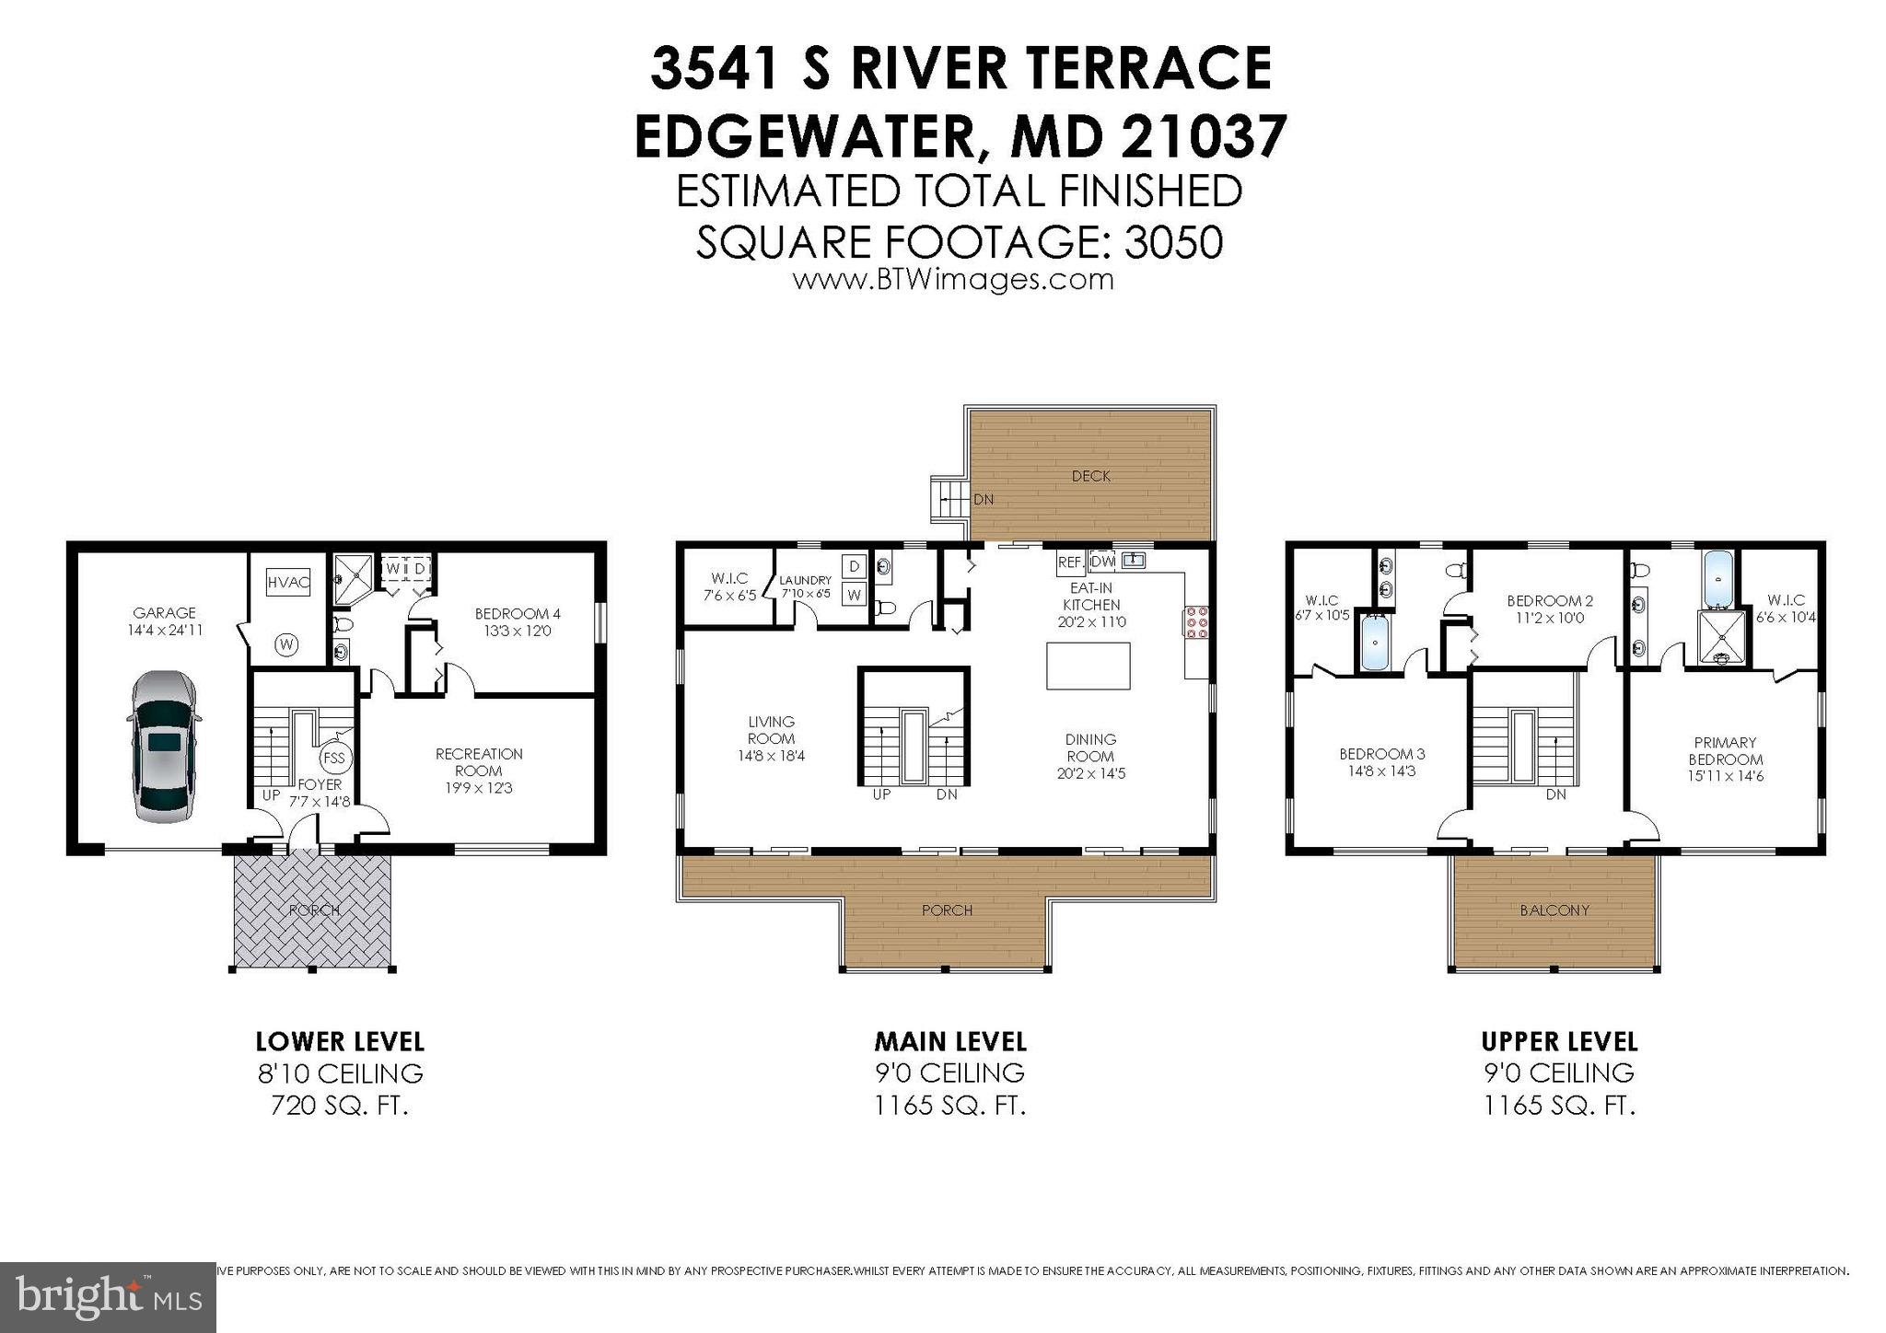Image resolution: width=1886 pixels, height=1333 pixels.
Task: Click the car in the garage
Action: pyautogui.click(x=165, y=746)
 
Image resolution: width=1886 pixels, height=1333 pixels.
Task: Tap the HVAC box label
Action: pyautogui.click(x=287, y=582)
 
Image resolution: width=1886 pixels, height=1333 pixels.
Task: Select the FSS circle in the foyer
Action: pyautogui.click(x=333, y=759)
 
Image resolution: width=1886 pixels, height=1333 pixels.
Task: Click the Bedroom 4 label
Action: pyautogui.click(x=518, y=614)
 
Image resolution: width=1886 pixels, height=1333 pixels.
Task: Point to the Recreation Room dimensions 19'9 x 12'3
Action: pyautogui.click(x=479, y=788)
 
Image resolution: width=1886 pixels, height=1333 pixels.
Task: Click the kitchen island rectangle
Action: pyautogui.click(x=1089, y=666)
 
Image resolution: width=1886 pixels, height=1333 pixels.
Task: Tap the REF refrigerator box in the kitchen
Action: pyautogui.click(x=1069, y=562)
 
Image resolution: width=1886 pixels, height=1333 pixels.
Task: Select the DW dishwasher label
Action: pyautogui.click(x=1102, y=562)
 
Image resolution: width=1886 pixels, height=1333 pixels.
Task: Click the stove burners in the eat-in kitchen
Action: pyautogui.click(x=1197, y=622)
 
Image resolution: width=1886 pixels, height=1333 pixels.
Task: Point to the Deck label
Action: pyautogui.click(x=1091, y=476)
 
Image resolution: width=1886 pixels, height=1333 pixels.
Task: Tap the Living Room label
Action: pyautogui.click(x=771, y=730)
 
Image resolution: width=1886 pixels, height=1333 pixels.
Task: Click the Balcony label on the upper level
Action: pyautogui.click(x=1554, y=910)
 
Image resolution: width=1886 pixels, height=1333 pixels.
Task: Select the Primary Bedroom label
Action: pyautogui.click(x=1725, y=750)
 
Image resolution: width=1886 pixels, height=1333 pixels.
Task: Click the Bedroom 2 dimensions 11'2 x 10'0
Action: pyautogui.click(x=1550, y=618)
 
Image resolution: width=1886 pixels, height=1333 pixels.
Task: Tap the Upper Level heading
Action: pyautogui.click(x=1559, y=1041)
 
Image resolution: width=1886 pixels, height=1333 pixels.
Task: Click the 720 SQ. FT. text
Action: pyautogui.click(x=339, y=1105)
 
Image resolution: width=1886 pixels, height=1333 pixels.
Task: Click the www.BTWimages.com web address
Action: pyautogui.click(x=953, y=279)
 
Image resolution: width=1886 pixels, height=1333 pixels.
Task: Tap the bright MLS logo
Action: pyautogui.click(x=108, y=1297)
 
